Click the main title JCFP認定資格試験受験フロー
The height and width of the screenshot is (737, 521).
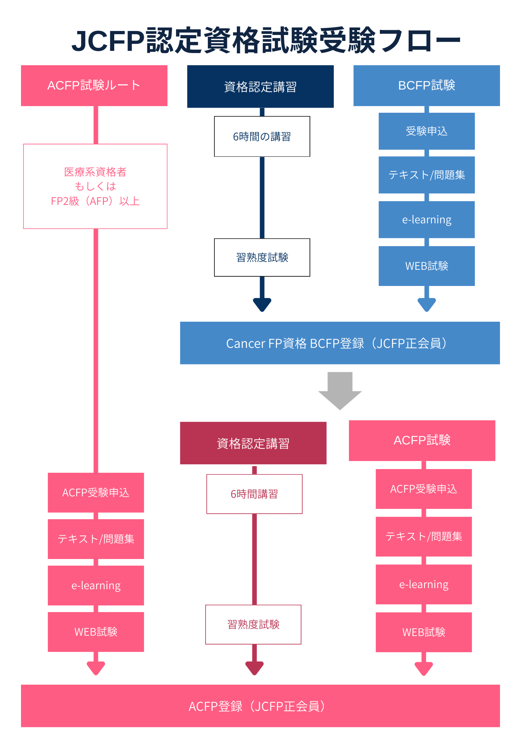click(266, 41)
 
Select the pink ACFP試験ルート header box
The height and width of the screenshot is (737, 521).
click(94, 85)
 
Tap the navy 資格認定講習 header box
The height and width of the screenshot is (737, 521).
click(260, 87)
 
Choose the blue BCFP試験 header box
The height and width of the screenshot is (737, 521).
click(427, 85)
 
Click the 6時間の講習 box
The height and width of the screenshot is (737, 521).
click(262, 136)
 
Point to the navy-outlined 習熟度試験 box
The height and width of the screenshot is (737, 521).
click(262, 257)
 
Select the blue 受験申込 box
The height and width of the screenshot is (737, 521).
click(427, 131)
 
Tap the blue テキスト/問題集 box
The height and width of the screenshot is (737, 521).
click(427, 175)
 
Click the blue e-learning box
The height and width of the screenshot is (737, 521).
click(427, 220)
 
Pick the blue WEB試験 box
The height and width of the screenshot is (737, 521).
click(427, 266)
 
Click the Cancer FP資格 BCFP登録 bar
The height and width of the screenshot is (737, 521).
click(340, 343)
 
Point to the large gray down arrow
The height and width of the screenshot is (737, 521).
click(340, 391)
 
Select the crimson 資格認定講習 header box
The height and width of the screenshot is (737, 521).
click(253, 443)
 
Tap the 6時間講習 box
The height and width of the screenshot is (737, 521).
click(254, 494)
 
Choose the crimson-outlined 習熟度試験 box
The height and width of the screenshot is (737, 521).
click(253, 625)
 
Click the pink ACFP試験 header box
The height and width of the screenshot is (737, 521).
click(422, 440)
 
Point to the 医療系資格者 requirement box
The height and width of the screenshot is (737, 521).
click(95, 186)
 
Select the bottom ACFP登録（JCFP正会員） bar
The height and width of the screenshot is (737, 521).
click(260, 706)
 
